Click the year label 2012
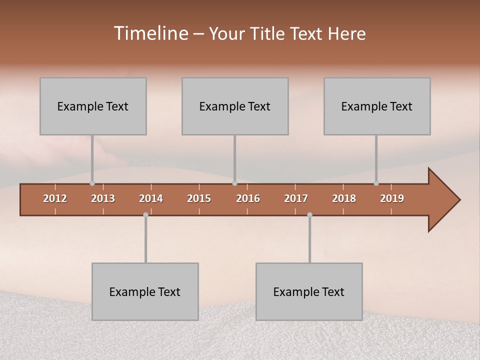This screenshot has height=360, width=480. [55, 198]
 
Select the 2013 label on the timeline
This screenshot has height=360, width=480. [103, 198]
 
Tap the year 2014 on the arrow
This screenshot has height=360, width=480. [151, 198]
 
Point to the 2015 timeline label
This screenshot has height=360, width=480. [199, 198]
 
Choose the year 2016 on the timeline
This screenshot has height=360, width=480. [248, 198]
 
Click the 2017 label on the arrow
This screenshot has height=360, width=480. [296, 198]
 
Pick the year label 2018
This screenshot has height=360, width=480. [344, 198]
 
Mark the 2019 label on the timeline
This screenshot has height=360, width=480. [392, 198]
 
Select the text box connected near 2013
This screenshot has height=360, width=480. [93, 106]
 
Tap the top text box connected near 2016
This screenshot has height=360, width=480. [235, 106]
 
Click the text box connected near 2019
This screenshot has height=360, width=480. [377, 106]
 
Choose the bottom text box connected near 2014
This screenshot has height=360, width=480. [145, 291]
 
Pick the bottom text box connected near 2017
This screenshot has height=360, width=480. [309, 291]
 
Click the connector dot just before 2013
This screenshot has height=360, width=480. [92, 183]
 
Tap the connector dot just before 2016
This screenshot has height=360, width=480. [235, 183]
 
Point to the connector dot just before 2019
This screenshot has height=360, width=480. [376, 183]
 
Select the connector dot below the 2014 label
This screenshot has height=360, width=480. [145, 214]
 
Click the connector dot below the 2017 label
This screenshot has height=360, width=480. [309, 214]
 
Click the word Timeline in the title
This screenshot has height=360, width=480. [151, 33]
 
